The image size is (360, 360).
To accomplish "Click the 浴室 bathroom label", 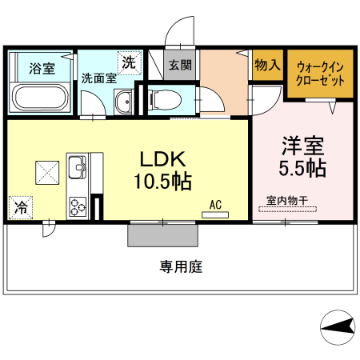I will (x=42, y=68).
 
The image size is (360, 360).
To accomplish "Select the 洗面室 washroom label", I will (x=99, y=78).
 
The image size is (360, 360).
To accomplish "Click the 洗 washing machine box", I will (x=128, y=62).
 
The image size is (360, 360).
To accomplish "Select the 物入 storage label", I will (x=266, y=65).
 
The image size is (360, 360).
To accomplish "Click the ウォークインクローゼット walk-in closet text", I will (x=320, y=74).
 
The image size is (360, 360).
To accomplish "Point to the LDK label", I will (x=164, y=158).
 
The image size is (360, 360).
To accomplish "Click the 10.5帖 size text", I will (x=162, y=181).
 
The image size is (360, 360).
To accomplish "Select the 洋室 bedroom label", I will (x=301, y=146).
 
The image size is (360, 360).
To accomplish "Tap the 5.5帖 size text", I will (x=301, y=169).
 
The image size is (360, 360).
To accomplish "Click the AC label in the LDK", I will (x=215, y=204).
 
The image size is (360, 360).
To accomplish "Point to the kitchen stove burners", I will (x=78, y=206).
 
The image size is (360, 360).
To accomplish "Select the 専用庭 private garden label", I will (x=180, y=266).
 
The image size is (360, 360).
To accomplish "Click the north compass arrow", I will (x=337, y=326).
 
